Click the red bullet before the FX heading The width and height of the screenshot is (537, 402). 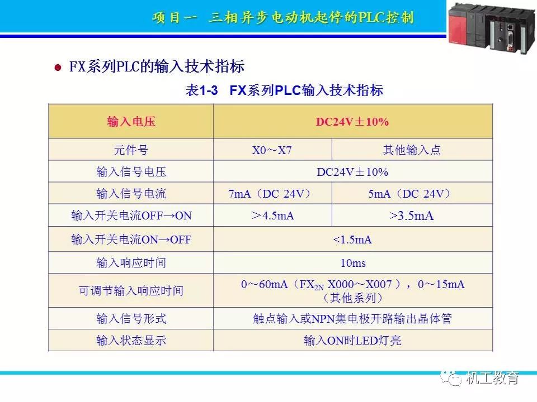coord(58,68)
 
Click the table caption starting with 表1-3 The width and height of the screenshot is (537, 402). coord(284,90)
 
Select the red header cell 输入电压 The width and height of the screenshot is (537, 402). coord(131,122)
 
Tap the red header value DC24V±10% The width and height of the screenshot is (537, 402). coord(352,122)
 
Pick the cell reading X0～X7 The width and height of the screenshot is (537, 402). coord(272,150)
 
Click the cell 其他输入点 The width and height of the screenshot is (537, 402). coord(412,150)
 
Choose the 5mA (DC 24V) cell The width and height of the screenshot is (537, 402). coord(409,194)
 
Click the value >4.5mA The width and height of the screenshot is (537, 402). coord(272,216)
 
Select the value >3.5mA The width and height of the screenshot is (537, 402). coord(412,216)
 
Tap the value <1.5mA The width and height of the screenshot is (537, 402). coord(352,240)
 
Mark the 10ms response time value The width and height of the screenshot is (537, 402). coord(353,263)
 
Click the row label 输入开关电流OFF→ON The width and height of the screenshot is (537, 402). coord(131,216)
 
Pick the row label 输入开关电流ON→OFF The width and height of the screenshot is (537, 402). coord(131,240)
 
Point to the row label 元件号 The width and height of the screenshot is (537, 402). coord(131,150)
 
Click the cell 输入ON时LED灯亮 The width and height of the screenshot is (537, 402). coord(352,341)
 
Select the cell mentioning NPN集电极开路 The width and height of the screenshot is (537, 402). coord(352,319)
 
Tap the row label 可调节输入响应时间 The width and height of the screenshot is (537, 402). coord(131,290)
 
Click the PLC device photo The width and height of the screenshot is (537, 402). coord(492,28)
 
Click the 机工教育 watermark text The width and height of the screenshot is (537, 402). coord(492,378)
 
